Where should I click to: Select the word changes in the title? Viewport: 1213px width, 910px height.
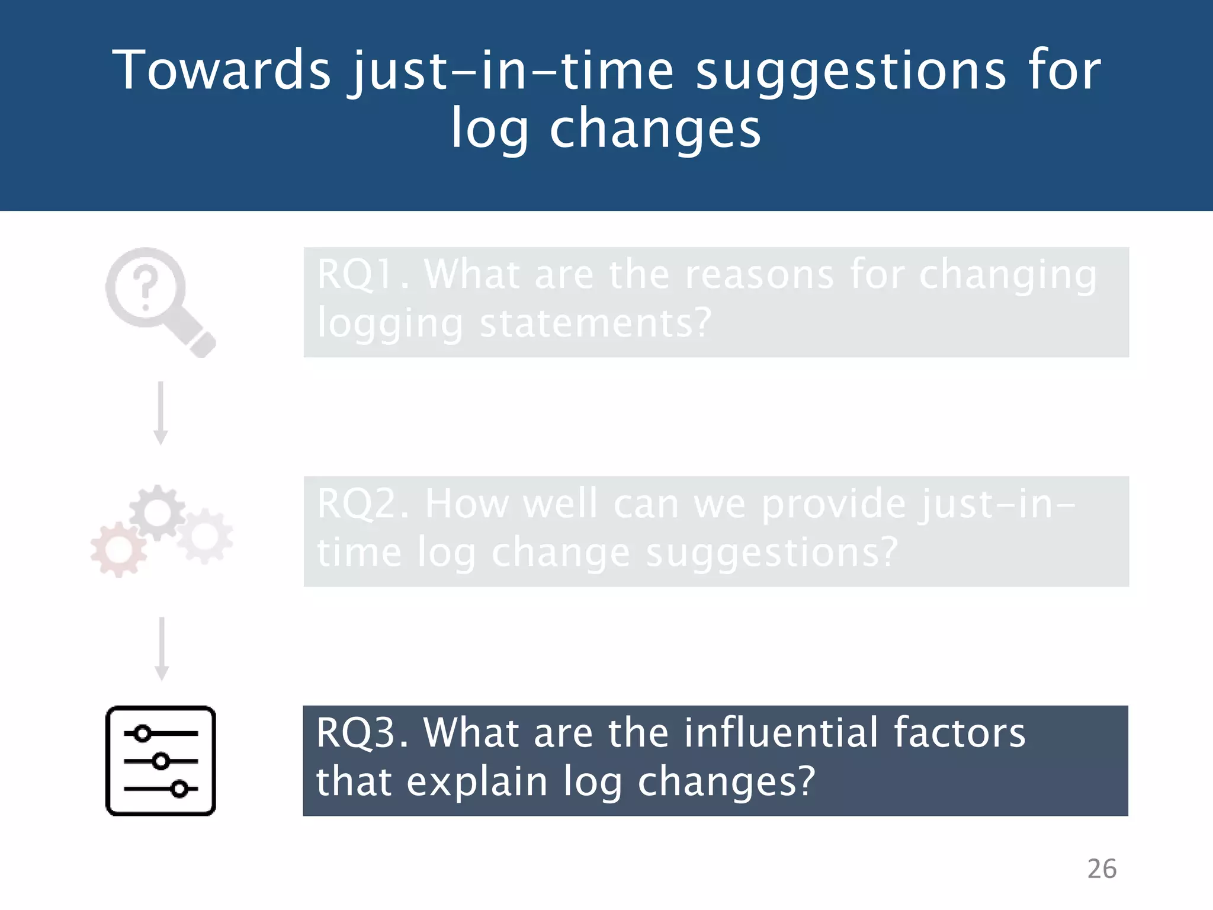coord(654,130)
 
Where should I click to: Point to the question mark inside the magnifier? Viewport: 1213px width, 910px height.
coord(145,288)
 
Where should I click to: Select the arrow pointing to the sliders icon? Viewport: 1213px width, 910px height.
coord(162,648)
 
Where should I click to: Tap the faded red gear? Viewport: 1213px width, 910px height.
coord(118,550)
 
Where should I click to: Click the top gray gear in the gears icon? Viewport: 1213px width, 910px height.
coord(157,512)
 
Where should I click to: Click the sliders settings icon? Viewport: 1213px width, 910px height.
coord(161,761)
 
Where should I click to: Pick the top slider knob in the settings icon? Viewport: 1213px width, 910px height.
coord(142,733)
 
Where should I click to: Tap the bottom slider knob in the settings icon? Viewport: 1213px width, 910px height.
coord(179,789)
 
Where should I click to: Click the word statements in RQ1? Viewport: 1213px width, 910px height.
coord(595,323)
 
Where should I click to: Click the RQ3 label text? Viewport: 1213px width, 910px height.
coord(361,733)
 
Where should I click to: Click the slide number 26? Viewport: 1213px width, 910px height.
coord(1102,869)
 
